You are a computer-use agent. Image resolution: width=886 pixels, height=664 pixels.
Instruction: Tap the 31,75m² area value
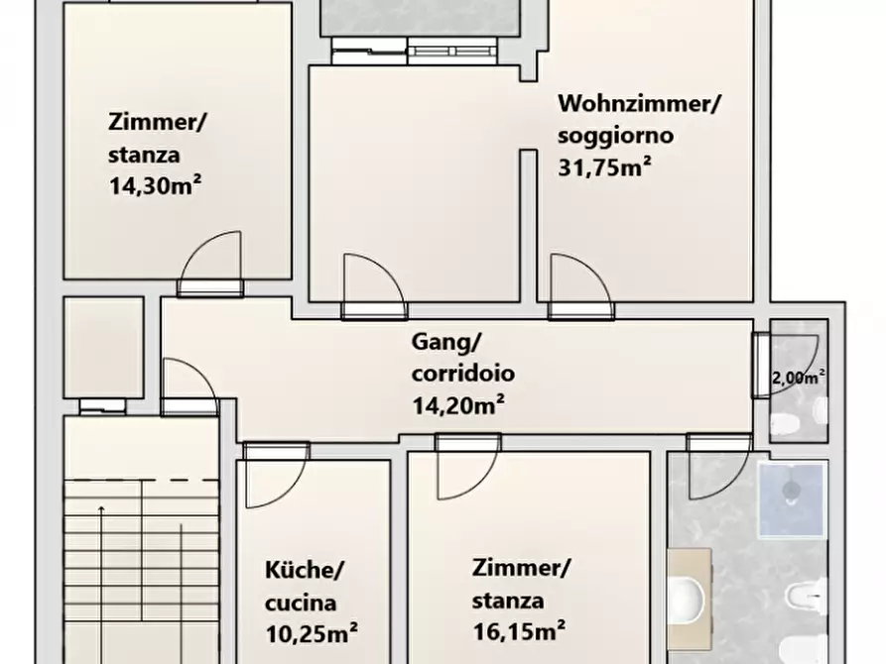coord(605,166)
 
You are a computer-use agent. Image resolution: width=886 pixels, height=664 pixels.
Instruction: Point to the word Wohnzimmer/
coord(639,102)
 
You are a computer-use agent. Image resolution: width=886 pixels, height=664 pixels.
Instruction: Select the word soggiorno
coord(615,135)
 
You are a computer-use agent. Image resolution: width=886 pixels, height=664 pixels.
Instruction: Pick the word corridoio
coord(462,375)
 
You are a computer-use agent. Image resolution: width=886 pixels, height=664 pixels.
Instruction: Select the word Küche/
coord(305,570)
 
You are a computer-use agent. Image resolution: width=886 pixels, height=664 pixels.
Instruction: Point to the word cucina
coord(301,602)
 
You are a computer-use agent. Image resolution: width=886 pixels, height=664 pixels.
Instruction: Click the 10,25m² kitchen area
coord(311,631)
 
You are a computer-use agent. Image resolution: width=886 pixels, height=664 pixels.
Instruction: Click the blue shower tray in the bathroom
coord(791,499)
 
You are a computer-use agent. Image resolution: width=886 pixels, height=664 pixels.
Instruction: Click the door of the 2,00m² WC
coord(792,367)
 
